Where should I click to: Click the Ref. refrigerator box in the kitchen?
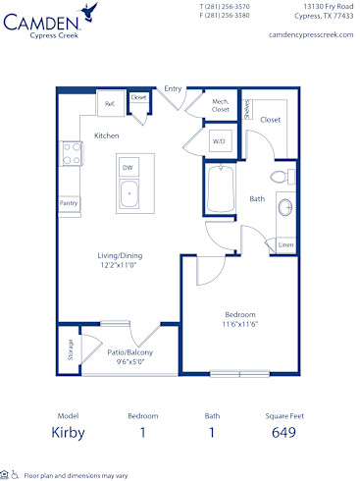click(110, 103)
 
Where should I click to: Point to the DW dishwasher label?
click(128, 168)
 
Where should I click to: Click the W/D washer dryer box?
click(218, 140)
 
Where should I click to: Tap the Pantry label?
click(69, 203)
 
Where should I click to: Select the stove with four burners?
click(71, 153)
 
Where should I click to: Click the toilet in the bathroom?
click(281, 177)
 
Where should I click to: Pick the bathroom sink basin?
click(285, 209)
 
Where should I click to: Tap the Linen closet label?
click(284, 243)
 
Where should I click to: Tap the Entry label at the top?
click(173, 88)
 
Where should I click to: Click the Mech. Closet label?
click(221, 106)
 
